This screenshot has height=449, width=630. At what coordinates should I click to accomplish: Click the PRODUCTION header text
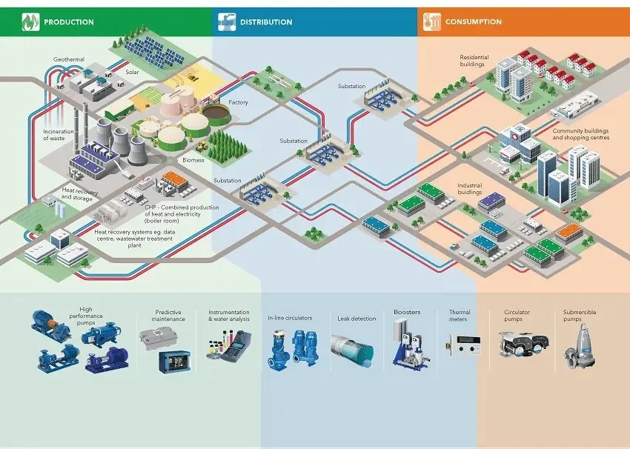click(69, 22)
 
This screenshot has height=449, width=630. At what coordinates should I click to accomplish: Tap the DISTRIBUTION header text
click(266, 22)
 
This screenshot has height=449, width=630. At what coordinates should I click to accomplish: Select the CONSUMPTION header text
click(473, 22)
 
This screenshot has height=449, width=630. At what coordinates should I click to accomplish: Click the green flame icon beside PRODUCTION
click(30, 22)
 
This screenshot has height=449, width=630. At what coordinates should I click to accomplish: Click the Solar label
click(132, 72)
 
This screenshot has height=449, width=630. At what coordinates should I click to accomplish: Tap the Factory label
click(239, 102)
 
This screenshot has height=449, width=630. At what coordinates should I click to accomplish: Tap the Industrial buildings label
click(470, 189)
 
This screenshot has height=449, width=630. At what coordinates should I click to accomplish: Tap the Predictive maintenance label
click(170, 316)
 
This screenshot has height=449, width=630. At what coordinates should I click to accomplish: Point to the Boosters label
click(407, 312)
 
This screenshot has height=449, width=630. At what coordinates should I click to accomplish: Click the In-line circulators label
click(290, 318)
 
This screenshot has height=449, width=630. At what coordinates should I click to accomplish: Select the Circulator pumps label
click(517, 316)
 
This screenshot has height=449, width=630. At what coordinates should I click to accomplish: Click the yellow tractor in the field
click(193, 76)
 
